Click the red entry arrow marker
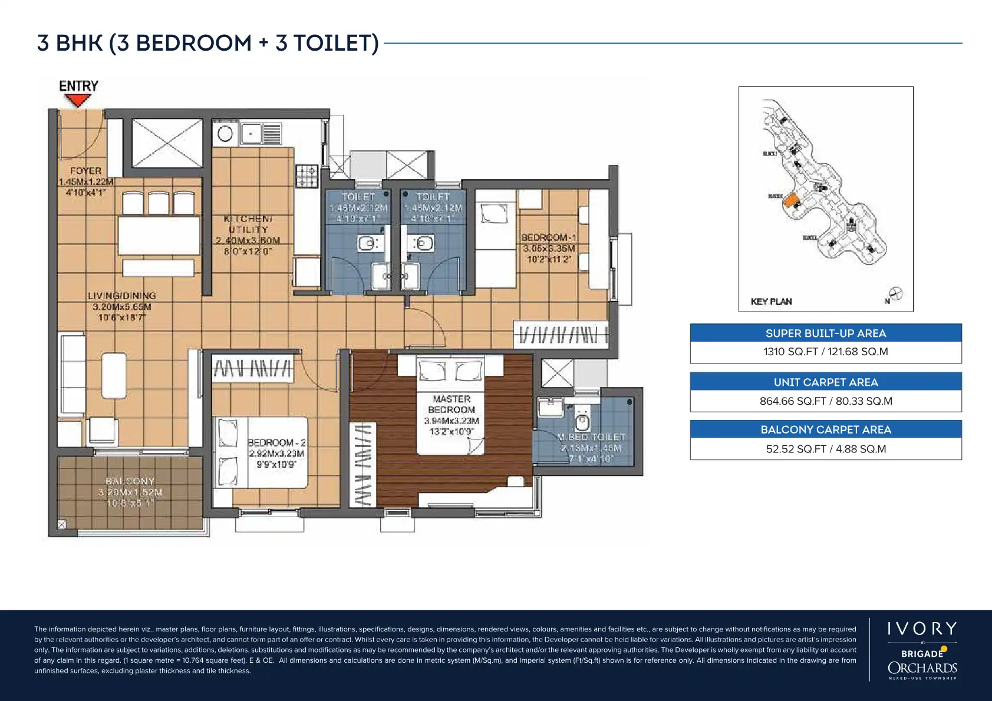click(77, 100)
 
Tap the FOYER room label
click(85, 171)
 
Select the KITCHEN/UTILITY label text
click(248, 224)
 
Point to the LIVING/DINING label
click(122, 296)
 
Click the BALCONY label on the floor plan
click(130, 481)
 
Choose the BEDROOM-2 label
click(276, 442)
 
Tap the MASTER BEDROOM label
click(451, 404)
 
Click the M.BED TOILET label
click(591, 437)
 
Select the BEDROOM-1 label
click(549, 238)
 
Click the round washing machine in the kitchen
click(225, 134)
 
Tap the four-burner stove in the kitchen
click(307, 176)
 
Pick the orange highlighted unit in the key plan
click(790, 200)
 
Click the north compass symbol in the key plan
click(895, 293)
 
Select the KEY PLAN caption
click(771, 302)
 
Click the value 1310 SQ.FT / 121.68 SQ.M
click(825, 352)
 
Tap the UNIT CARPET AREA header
click(825, 382)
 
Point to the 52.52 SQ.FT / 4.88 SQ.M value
click(825, 449)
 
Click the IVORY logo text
click(922, 629)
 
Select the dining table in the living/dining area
click(159, 236)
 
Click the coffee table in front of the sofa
click(114, 376)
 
